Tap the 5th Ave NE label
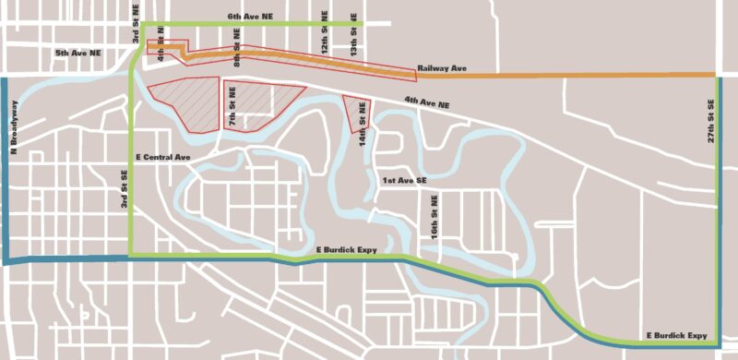pos(77,54)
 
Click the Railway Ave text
pos(442,68)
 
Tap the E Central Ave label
pos(161,157)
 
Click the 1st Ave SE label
pos(405,181)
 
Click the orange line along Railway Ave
pos(572,75)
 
